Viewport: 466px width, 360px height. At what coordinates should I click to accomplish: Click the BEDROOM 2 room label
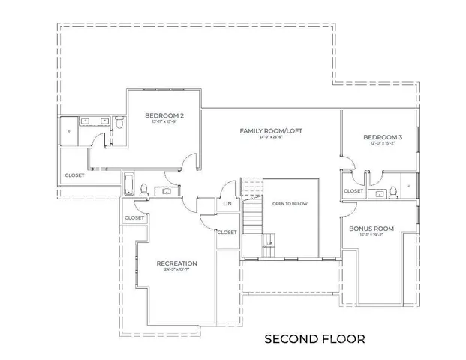coord(164,115)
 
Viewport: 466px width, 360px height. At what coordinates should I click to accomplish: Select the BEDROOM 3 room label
coord(383,138)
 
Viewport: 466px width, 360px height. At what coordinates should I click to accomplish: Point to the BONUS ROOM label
coord(371,228)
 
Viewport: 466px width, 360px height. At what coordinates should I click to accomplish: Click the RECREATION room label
coord(176,263)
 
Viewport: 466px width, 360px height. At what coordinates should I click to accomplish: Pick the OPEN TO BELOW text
coord(290,204)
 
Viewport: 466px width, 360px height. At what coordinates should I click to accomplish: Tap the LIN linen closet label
coord(227,204)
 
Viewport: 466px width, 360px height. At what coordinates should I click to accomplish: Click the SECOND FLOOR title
coord(315,339)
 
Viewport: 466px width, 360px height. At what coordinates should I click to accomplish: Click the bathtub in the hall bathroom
coord(128,184)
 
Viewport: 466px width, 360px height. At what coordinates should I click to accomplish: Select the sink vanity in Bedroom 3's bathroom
coord(380,193)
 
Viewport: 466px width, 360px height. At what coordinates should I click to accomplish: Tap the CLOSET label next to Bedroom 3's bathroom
coord(353,192)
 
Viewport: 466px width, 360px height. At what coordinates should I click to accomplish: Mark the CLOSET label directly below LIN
coord(227,232)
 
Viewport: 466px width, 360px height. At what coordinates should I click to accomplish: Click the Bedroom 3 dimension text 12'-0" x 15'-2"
coord(383,145)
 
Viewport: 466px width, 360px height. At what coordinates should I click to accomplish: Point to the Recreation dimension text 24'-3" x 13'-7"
coord(176,270)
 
